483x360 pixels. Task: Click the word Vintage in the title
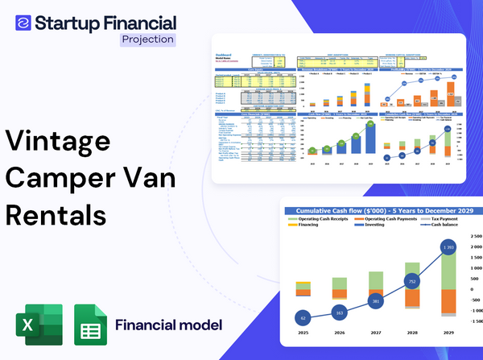point(58,141)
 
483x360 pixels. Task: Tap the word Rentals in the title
point(56,215)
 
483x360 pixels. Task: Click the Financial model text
point(168,325)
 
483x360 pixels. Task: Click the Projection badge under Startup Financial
point(147,39)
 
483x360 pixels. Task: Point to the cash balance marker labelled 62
point(303,318)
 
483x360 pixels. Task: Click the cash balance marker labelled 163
point(339,312)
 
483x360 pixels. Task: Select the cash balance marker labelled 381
point(376,301)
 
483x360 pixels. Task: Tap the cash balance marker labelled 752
point(412,282)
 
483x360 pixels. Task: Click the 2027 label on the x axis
point(376,332)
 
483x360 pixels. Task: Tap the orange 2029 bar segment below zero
point(449,303)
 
